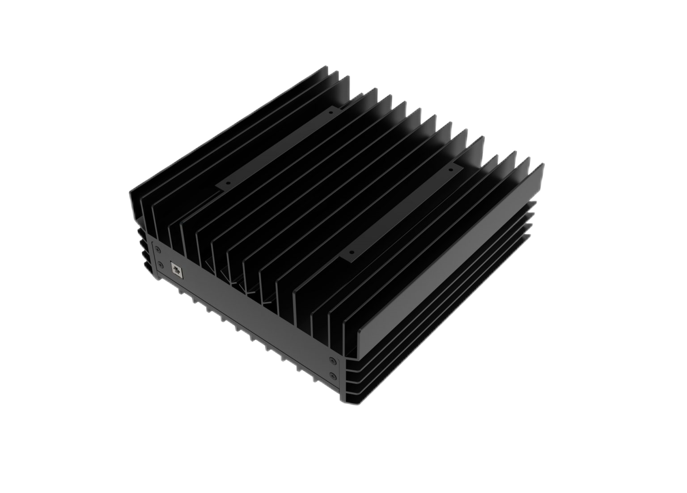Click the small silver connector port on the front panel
[x=176, y=269]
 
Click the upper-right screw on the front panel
[x=331, y=359]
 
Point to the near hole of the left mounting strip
[x=227, y=183]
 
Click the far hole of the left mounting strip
[x=331, y=113]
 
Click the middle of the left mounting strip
[x=277, y=147]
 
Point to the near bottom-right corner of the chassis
[x=344, y=405]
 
